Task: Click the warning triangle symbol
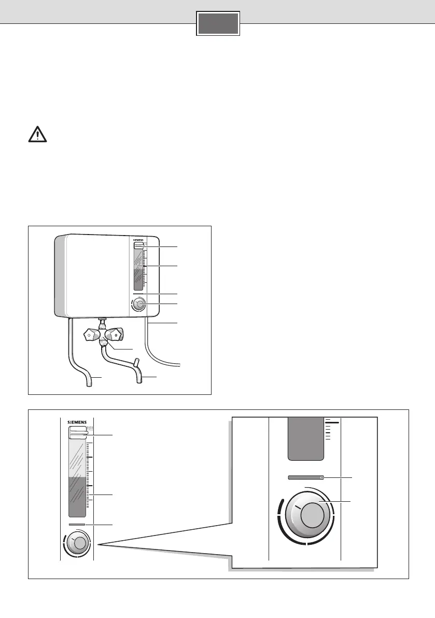37,134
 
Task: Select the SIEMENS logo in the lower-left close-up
78,422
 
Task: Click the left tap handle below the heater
91,336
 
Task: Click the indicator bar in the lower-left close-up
77,525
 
